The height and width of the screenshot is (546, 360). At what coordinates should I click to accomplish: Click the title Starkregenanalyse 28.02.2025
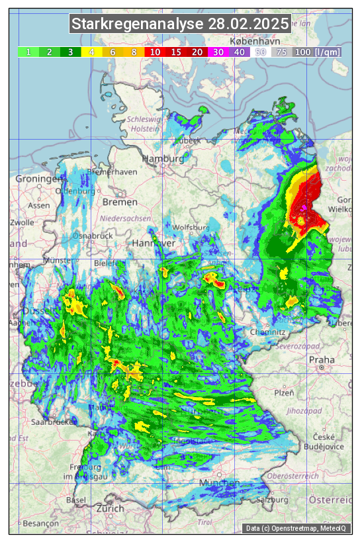click(x=180, y=24)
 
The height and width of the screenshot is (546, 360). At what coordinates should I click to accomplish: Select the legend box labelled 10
click(x=156, y=52)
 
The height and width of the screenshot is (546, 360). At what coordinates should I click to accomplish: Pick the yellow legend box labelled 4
click(x=92, y=52)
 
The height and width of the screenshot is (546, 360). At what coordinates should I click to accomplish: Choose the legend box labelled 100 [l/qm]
click(x=317, y=52)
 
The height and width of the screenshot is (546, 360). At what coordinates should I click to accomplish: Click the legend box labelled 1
click(x=28, y=52)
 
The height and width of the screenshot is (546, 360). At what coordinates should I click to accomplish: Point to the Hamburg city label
click(x=163, y=159)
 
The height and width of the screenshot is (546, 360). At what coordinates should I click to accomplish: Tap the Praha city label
click(x=322, y=360)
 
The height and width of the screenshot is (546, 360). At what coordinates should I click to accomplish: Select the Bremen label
click(x=120, y=201)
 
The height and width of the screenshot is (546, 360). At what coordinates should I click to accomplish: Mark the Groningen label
click(x=39, y=179)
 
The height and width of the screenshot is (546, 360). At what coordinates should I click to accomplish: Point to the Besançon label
click(x=40, y=523)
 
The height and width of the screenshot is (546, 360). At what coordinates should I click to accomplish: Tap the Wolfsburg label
click(x=191, y=228)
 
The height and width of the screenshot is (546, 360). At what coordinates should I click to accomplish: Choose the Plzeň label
click(x=284, y=392)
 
